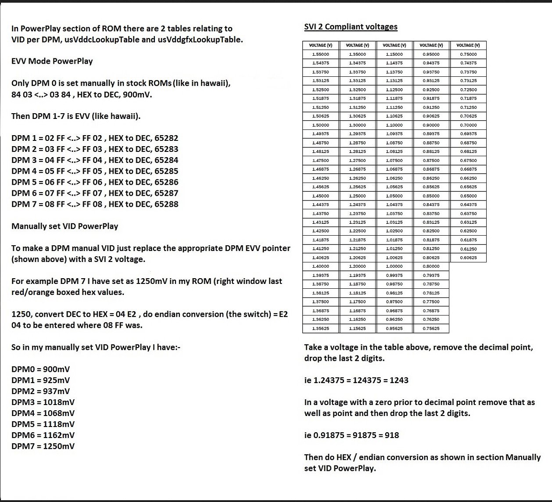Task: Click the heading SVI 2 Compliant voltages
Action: click(351, 27)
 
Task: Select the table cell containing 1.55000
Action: click(320, 54)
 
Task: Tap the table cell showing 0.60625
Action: click(468, 258)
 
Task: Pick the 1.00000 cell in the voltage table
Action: click(394, 266)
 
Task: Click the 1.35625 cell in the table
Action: click(320, 328)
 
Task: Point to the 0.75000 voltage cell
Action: click(468, 54)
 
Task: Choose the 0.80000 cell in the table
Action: click(431, 266)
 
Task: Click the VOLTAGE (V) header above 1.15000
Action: click(394, 45)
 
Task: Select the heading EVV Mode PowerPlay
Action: click(52, 61)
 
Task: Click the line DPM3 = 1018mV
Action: click(43, 402)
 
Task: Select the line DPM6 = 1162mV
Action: click(43, 435)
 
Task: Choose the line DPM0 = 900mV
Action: click(40, 369)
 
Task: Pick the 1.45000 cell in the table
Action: click(320, 196)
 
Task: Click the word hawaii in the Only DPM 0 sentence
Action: click(214, 83)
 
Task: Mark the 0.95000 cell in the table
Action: click(431, 54)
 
